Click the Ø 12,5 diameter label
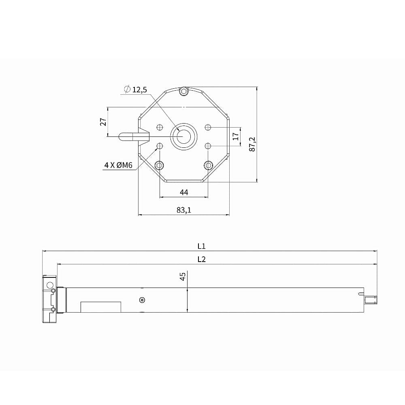coord(135,90)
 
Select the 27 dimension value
coord(103,122)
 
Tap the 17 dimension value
coord(236,136)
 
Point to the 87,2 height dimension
coord(252,144)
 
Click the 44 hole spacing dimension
coord(184,192)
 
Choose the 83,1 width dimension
coord(184,210)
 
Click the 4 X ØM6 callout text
coord(118,165)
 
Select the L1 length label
coord(201,246)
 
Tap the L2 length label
coord(201,259)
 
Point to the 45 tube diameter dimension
coord(183,276)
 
